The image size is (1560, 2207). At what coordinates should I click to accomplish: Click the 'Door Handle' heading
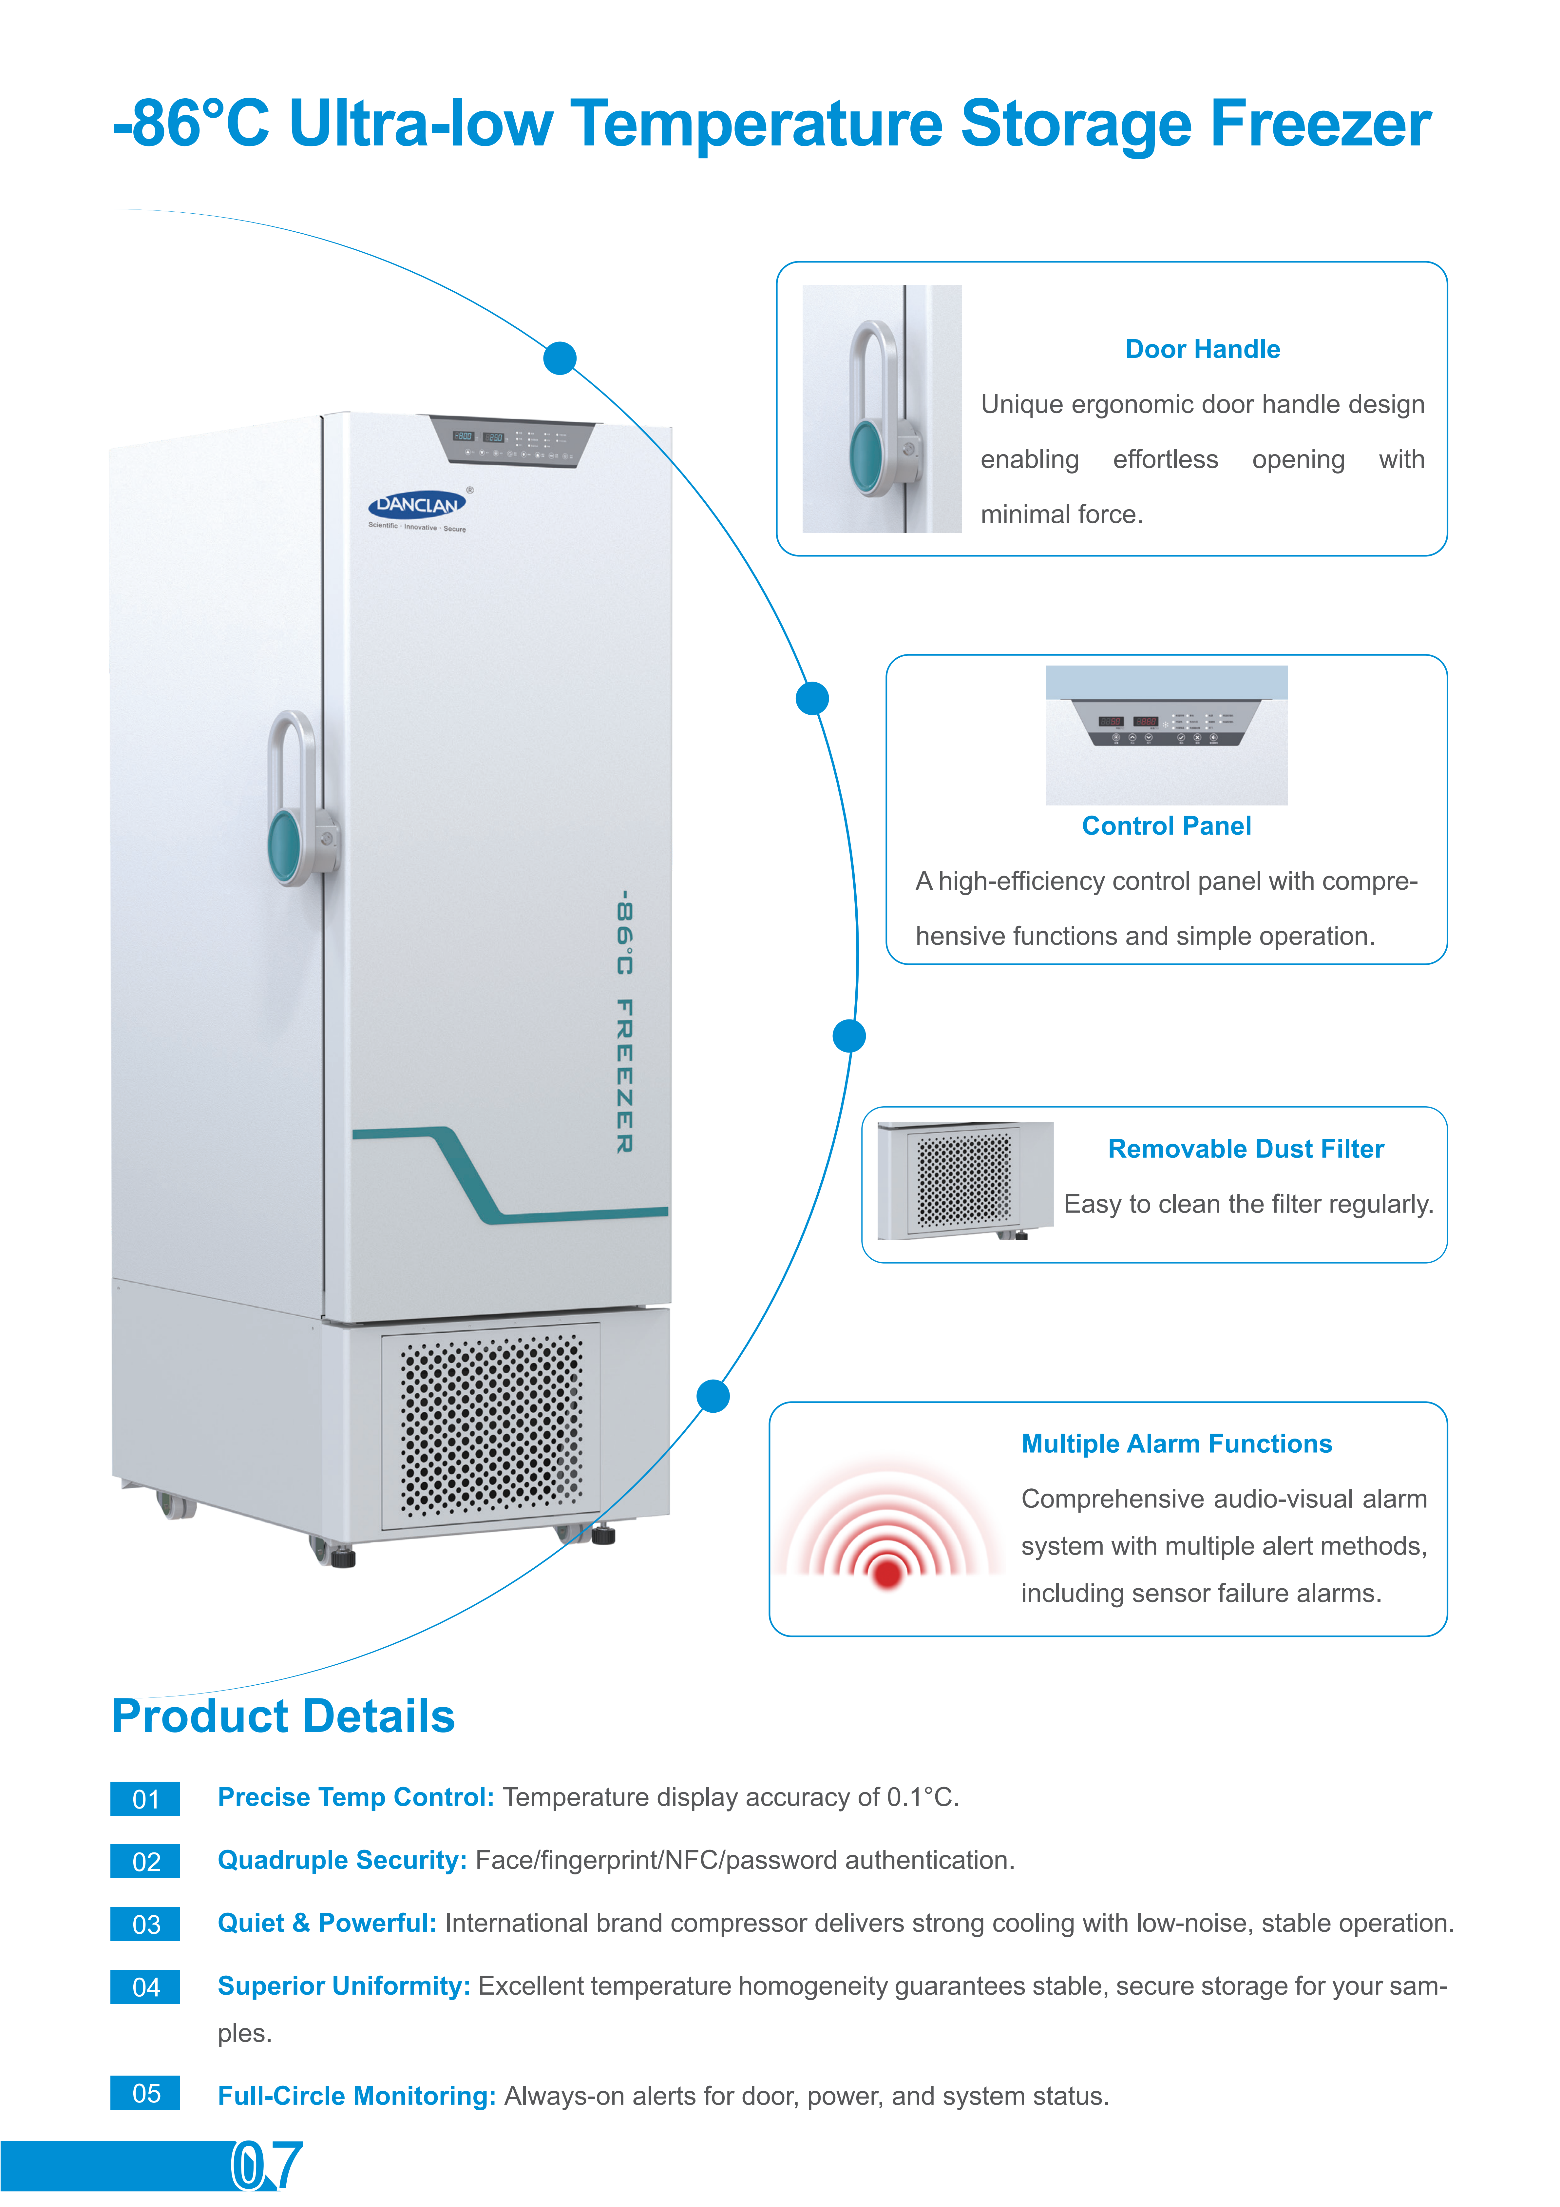click(1203, 349)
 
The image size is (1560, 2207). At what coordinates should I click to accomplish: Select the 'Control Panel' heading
click(1166, 826)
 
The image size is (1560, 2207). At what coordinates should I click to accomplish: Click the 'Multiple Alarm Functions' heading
click(1176, 1444)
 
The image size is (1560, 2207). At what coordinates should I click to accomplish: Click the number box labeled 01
click(145, 1798)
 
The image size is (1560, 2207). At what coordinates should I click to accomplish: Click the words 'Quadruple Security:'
click(342, 1860)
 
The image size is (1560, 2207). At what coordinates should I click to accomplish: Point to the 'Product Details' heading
click(284, 1716)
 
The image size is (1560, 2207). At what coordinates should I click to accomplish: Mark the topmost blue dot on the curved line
click(560, 358)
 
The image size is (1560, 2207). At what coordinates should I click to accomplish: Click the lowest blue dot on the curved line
click(712, 1396)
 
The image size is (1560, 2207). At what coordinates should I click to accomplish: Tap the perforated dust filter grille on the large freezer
click(490, 1424)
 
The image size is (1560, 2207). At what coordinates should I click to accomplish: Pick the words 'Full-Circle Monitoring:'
click(357, 2096)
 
